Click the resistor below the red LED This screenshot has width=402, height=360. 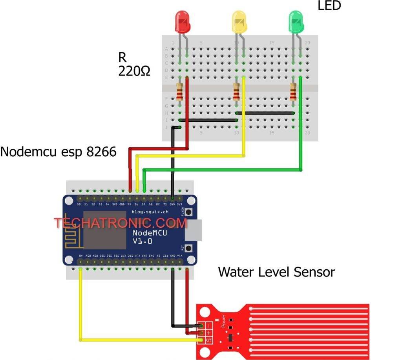(180, 93)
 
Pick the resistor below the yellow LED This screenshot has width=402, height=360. (236, 93)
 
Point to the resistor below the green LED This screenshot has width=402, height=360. (293, 93)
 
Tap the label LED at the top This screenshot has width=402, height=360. (329, 5)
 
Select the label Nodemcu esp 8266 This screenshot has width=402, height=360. (58, 152)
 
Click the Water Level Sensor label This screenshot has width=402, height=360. (276, 272)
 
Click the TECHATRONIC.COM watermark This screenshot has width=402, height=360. (121, 223)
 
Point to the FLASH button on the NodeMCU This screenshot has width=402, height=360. (189, 212)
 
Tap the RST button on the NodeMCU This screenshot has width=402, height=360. (189, 249)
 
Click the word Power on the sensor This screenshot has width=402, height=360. (223, 322)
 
